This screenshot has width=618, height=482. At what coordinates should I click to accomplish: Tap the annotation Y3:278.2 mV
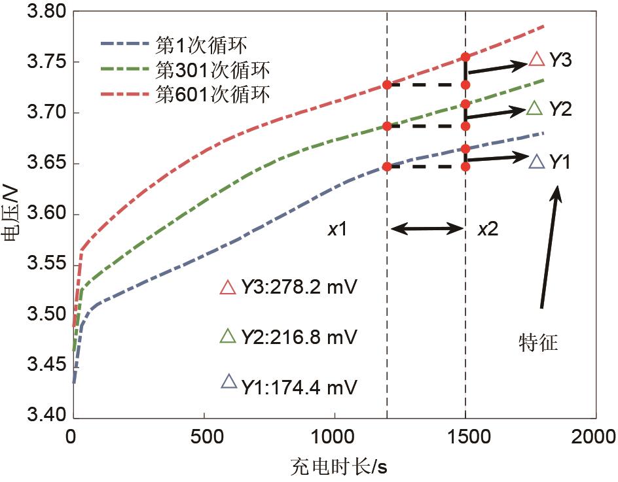point(299,287)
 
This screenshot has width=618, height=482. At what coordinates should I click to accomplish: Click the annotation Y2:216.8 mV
point(299,336)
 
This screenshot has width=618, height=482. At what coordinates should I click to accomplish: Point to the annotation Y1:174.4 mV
point(299,387)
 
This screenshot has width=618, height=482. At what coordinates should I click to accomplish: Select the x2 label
point(489,229)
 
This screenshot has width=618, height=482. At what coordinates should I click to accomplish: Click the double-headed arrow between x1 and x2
point(426,229)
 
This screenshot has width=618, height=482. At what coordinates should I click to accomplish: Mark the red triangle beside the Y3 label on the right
point(536,60)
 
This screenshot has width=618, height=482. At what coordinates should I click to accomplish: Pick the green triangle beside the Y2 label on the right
point(535,109)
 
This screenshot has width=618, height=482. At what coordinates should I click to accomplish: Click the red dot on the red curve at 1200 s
point(387,85)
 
